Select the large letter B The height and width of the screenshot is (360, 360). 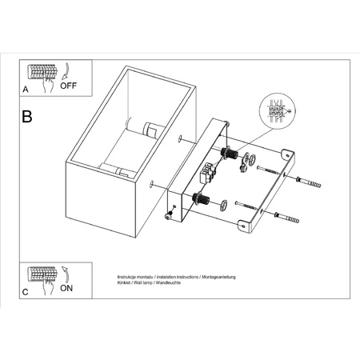point(28,117)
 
